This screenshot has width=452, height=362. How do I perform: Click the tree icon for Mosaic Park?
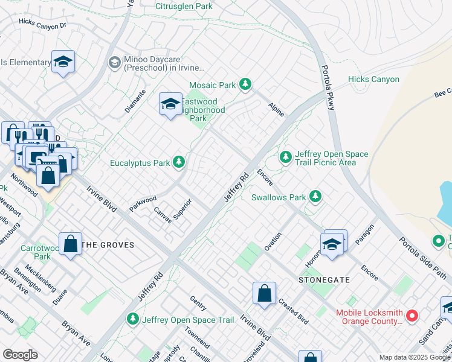tap(245, 84)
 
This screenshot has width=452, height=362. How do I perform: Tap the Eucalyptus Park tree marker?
tap(179, 162)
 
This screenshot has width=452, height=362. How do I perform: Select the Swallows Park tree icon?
tap(315, 196)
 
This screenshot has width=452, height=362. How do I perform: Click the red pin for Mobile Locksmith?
tap(412, 316)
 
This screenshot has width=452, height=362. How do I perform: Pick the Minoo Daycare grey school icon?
tap(114, 62)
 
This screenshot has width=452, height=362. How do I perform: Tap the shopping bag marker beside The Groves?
tap(71, 244)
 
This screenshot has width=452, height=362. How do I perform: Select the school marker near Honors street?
tap(332, 245)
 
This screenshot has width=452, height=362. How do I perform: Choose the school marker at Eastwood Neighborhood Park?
tap(170, 104)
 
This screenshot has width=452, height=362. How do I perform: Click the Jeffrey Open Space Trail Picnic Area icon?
tap(285, 157)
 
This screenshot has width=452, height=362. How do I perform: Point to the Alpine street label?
tap(276, 109)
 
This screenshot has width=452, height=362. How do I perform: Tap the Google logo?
tap(20, 355)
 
